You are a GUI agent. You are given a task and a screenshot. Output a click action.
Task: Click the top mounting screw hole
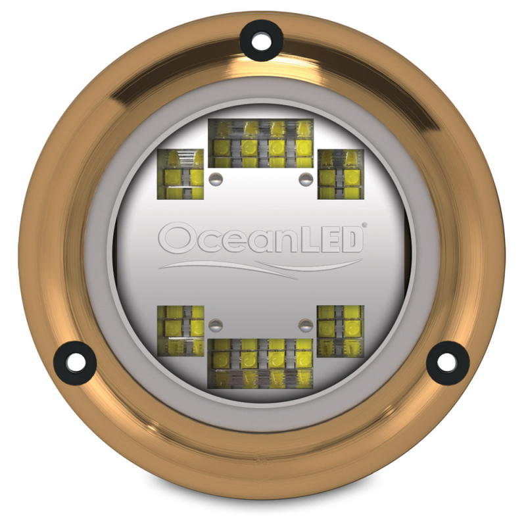coord(261,39)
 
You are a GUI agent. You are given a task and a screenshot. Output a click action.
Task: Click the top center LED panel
coord(261,143)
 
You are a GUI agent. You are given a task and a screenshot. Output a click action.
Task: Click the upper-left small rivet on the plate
coord(214,178)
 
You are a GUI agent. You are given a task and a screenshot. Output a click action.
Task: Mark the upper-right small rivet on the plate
coord(304,178)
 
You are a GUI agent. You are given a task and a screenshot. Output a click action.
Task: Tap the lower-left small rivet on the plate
coord(214,323)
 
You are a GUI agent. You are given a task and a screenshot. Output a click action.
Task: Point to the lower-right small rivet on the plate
coord(304,323)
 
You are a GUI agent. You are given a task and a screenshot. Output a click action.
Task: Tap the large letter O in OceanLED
coord(175,239)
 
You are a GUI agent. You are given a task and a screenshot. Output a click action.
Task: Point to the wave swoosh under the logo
coord(263,266)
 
